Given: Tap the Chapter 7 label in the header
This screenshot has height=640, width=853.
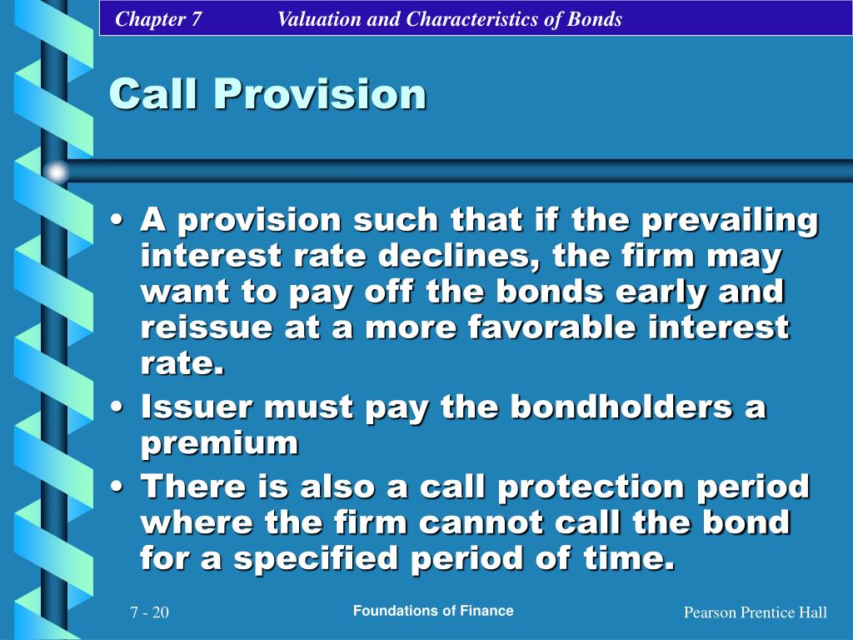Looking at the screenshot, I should tap(158, 19).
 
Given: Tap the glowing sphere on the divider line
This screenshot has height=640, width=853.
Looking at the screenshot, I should tap(57, 172).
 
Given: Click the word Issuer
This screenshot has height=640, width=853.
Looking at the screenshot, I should tap(195, 408).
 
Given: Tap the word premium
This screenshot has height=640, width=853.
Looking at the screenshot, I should tap(219, 444).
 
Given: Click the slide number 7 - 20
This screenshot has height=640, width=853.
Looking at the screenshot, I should tap(149, 613).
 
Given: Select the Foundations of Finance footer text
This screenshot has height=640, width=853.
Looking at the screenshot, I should tap(433, 611).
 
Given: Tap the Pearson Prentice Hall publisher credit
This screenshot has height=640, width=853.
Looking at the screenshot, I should tap(755, 613).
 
